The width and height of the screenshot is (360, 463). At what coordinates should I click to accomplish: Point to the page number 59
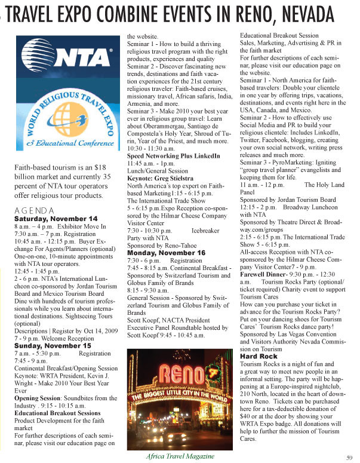pos(349,457)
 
